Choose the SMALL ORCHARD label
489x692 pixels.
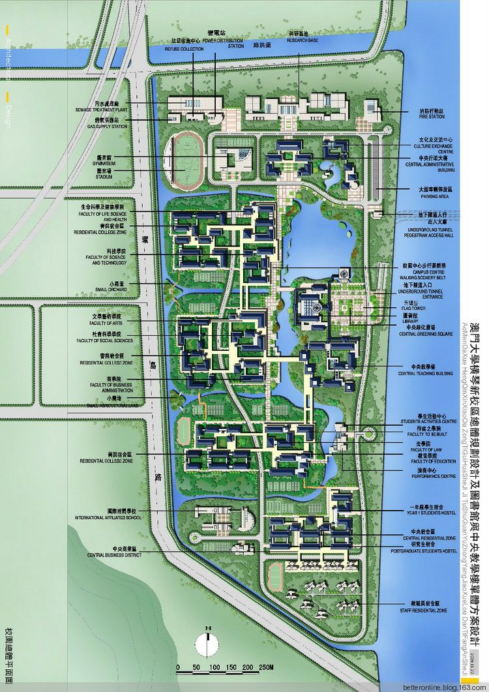pyautogui.click(x=110, y=291)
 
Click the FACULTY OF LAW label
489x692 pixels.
pyautogui.click(x=427, y=449)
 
